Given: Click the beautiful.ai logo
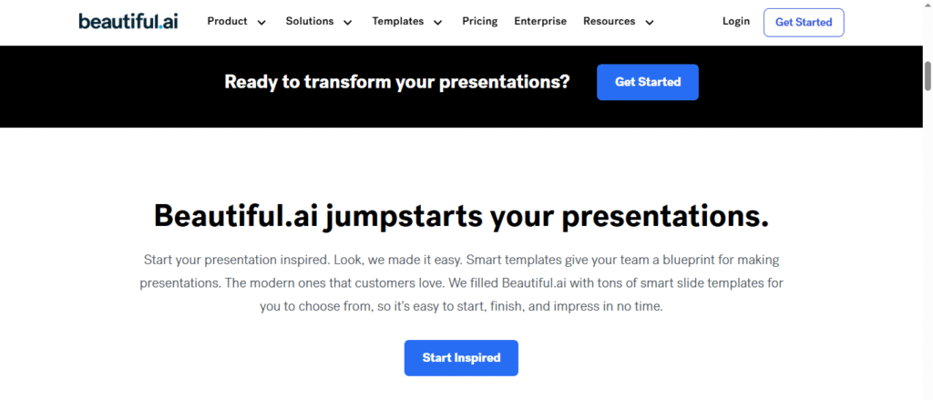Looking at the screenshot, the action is pyautogui.click(x=128, y=22).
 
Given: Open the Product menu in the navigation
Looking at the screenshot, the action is pyautogui.click(x=237, y=22).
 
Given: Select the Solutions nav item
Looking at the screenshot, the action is pyautogui.click(x=319, y=22).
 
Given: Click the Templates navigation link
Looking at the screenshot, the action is pyautogui.click(x=407, y=22).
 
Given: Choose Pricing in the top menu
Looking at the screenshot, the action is pyautogui.click(x=479, y=22).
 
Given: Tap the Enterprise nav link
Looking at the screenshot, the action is pyautogui.click(x=540, y=22).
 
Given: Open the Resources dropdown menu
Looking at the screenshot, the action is pyautogui.click(x=619, y=22).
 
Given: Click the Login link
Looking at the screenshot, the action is pyautogui.click(x=736, y=22).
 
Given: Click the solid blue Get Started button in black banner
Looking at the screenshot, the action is pyautogui.click(x=648, y=82).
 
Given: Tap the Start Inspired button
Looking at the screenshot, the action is pyautogui.click(x=461, y=358).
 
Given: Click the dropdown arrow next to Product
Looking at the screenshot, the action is pyautogui.click(x=261, y=23).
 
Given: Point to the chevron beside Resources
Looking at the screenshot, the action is pyautogui.click(x=649, y=23).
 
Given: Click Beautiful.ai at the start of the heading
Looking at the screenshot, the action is pyautogui.click(x=235, y=215).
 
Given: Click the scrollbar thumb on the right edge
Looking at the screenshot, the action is pyautogui.click(x=928, y=76).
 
